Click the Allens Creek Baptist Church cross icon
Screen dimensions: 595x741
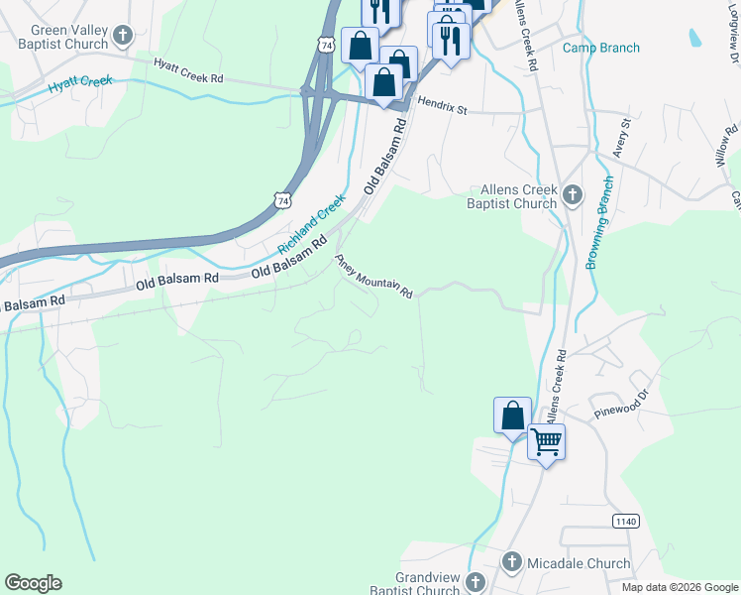tap(573, 196)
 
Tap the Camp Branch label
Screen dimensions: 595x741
tap(601, 48)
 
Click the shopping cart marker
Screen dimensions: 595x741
tap(546, 441)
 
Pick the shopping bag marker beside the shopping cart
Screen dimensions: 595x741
tap(512, 416)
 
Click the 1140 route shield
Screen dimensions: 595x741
tap(625, 522)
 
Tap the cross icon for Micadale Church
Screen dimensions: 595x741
tap(512, 563)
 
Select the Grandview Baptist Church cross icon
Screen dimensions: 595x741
tap(476, 581)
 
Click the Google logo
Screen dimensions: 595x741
tap(33, 583)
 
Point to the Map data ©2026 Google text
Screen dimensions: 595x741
tap(680, 587)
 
